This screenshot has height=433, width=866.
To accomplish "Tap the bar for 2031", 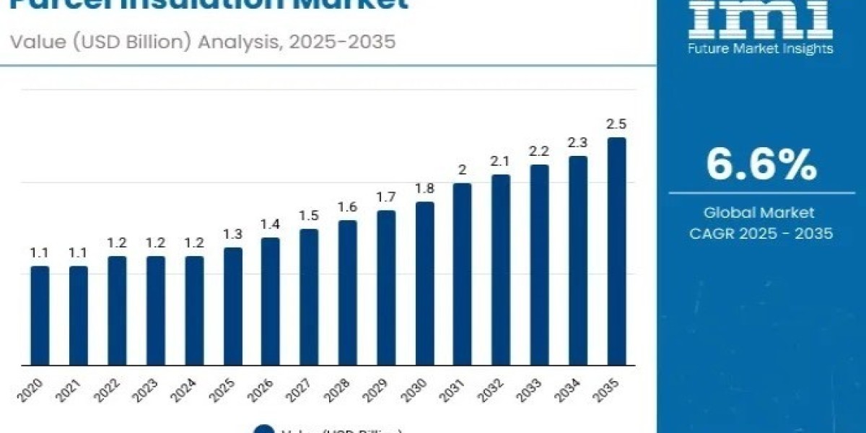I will coord(463,274).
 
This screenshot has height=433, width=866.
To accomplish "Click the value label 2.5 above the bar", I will coord(616,124).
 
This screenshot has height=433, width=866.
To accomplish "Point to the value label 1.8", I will coord(424,189).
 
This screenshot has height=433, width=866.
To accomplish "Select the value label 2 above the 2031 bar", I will coord(463,170).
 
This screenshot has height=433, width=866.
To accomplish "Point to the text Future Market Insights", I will coord(761,49).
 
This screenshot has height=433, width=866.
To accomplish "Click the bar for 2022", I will coord(117,310).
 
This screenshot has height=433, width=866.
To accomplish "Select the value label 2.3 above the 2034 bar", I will coord(578,143).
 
